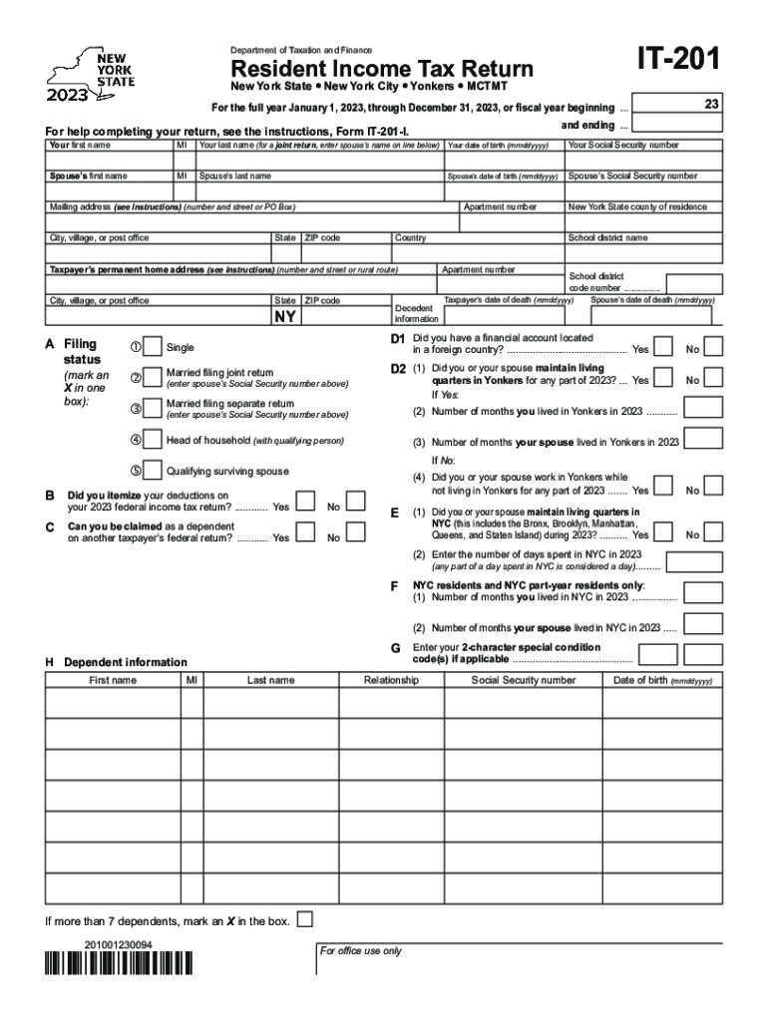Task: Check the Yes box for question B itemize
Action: (x=308, y=501)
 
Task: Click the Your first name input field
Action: (x=108, y=162)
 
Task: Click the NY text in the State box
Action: (x=284, y=318)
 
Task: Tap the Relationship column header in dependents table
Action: (x=391, y=680)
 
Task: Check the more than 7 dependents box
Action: (x=306, y=918)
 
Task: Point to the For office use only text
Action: (x=360, y=951)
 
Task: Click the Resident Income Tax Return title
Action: (x=382, y=69)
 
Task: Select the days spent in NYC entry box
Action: (x=703, y=560)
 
